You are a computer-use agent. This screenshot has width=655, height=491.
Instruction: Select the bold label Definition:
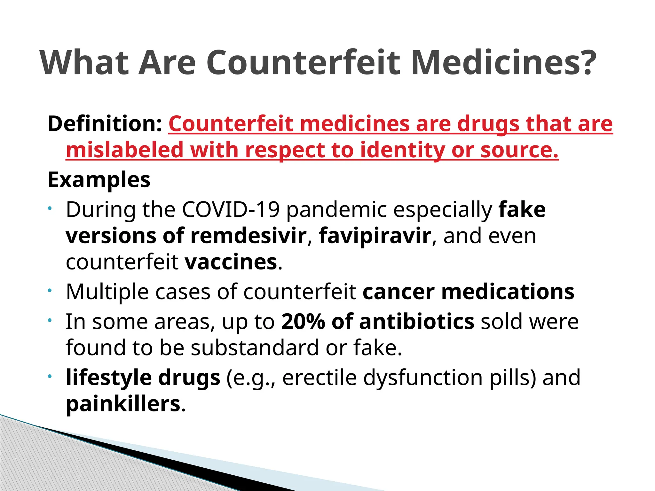(x=105, y=124)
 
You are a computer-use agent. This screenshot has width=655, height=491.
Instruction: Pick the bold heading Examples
(x=99, y=180)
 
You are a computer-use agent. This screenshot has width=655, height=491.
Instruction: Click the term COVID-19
(x=231, y=210)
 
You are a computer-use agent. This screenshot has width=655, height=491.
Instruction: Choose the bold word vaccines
(x=231, y=262)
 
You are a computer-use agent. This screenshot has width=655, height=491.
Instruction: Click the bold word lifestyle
(x=108, y=378)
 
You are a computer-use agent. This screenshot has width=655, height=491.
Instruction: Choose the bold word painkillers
(x=123, y=404)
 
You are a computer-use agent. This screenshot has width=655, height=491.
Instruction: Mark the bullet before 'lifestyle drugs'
(x=50, y=377)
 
